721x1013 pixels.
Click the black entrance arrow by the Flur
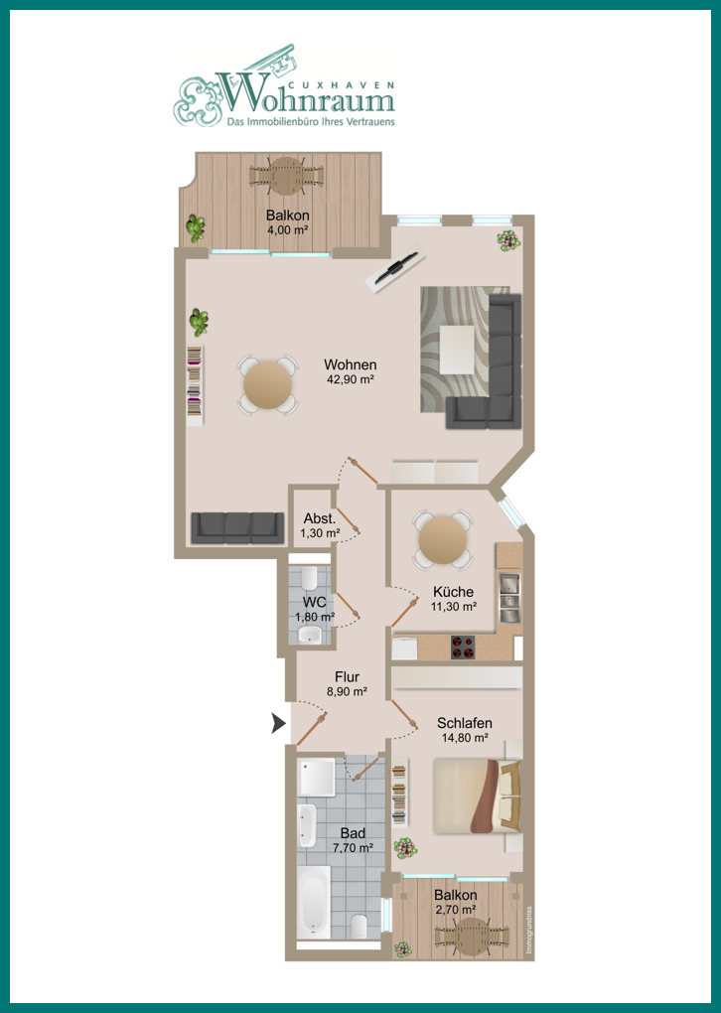pos(278,724)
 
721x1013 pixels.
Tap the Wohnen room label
pos(351,365)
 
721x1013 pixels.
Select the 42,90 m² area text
pos(351,379)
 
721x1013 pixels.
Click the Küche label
pos(454,592)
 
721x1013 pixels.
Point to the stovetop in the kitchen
pos(463,648)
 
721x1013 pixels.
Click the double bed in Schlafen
pos(478,796)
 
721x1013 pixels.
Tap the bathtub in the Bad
pos(315,902)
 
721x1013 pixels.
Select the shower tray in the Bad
pos(316,778)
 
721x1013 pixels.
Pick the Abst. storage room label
pos(320,518)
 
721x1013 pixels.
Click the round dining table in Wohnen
pos(268,385)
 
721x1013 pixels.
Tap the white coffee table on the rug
pos(458,350)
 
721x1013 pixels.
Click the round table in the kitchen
pos(443,540)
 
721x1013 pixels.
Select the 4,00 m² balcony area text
pos(287,229)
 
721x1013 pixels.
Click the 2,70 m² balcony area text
pos(456,910)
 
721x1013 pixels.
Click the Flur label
pos(347,677)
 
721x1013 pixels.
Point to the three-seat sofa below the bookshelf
pos(237,527)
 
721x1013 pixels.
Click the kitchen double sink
pos(509,597)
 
